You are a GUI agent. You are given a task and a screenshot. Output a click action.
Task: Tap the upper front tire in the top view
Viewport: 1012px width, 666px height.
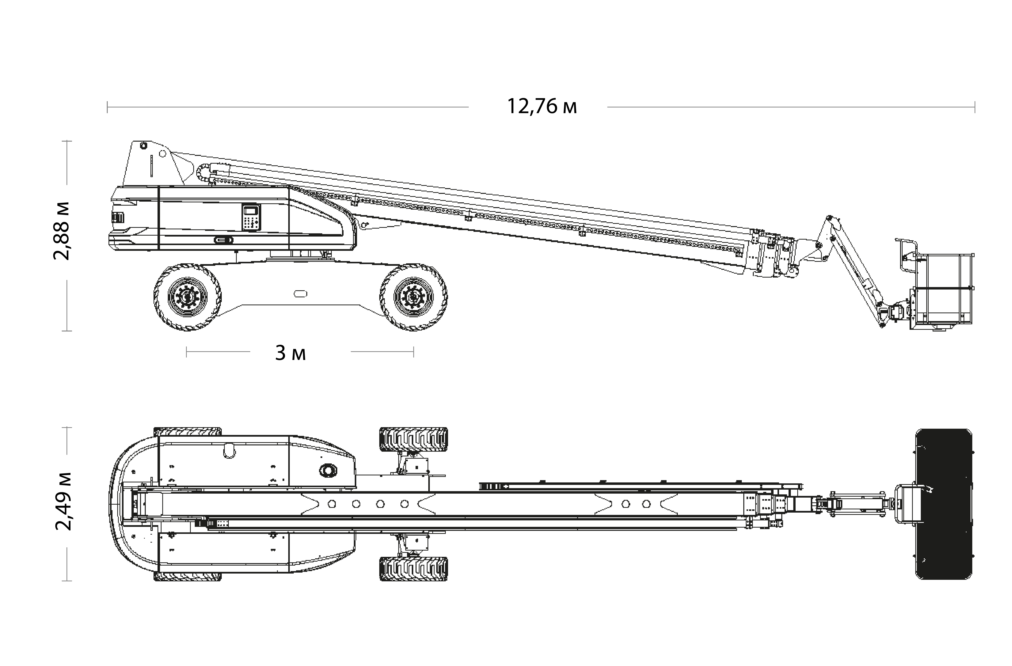[x=413, y=439]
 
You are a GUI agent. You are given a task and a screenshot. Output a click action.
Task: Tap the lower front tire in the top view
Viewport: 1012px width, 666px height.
[x=413, y=569]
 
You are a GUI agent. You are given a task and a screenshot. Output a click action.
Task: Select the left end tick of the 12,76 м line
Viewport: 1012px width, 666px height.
[x=108, y=107]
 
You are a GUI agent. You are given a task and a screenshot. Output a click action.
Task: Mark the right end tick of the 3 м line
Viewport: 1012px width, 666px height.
[x=413, y=352]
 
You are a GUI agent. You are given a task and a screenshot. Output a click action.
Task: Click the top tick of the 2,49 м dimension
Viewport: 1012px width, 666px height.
[x=67, y=428]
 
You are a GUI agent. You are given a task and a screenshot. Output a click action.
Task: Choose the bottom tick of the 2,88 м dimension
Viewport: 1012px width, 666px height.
[x=67, y=331]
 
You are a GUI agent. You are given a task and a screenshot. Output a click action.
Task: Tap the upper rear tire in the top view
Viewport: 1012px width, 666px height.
[x=188, y=432]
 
